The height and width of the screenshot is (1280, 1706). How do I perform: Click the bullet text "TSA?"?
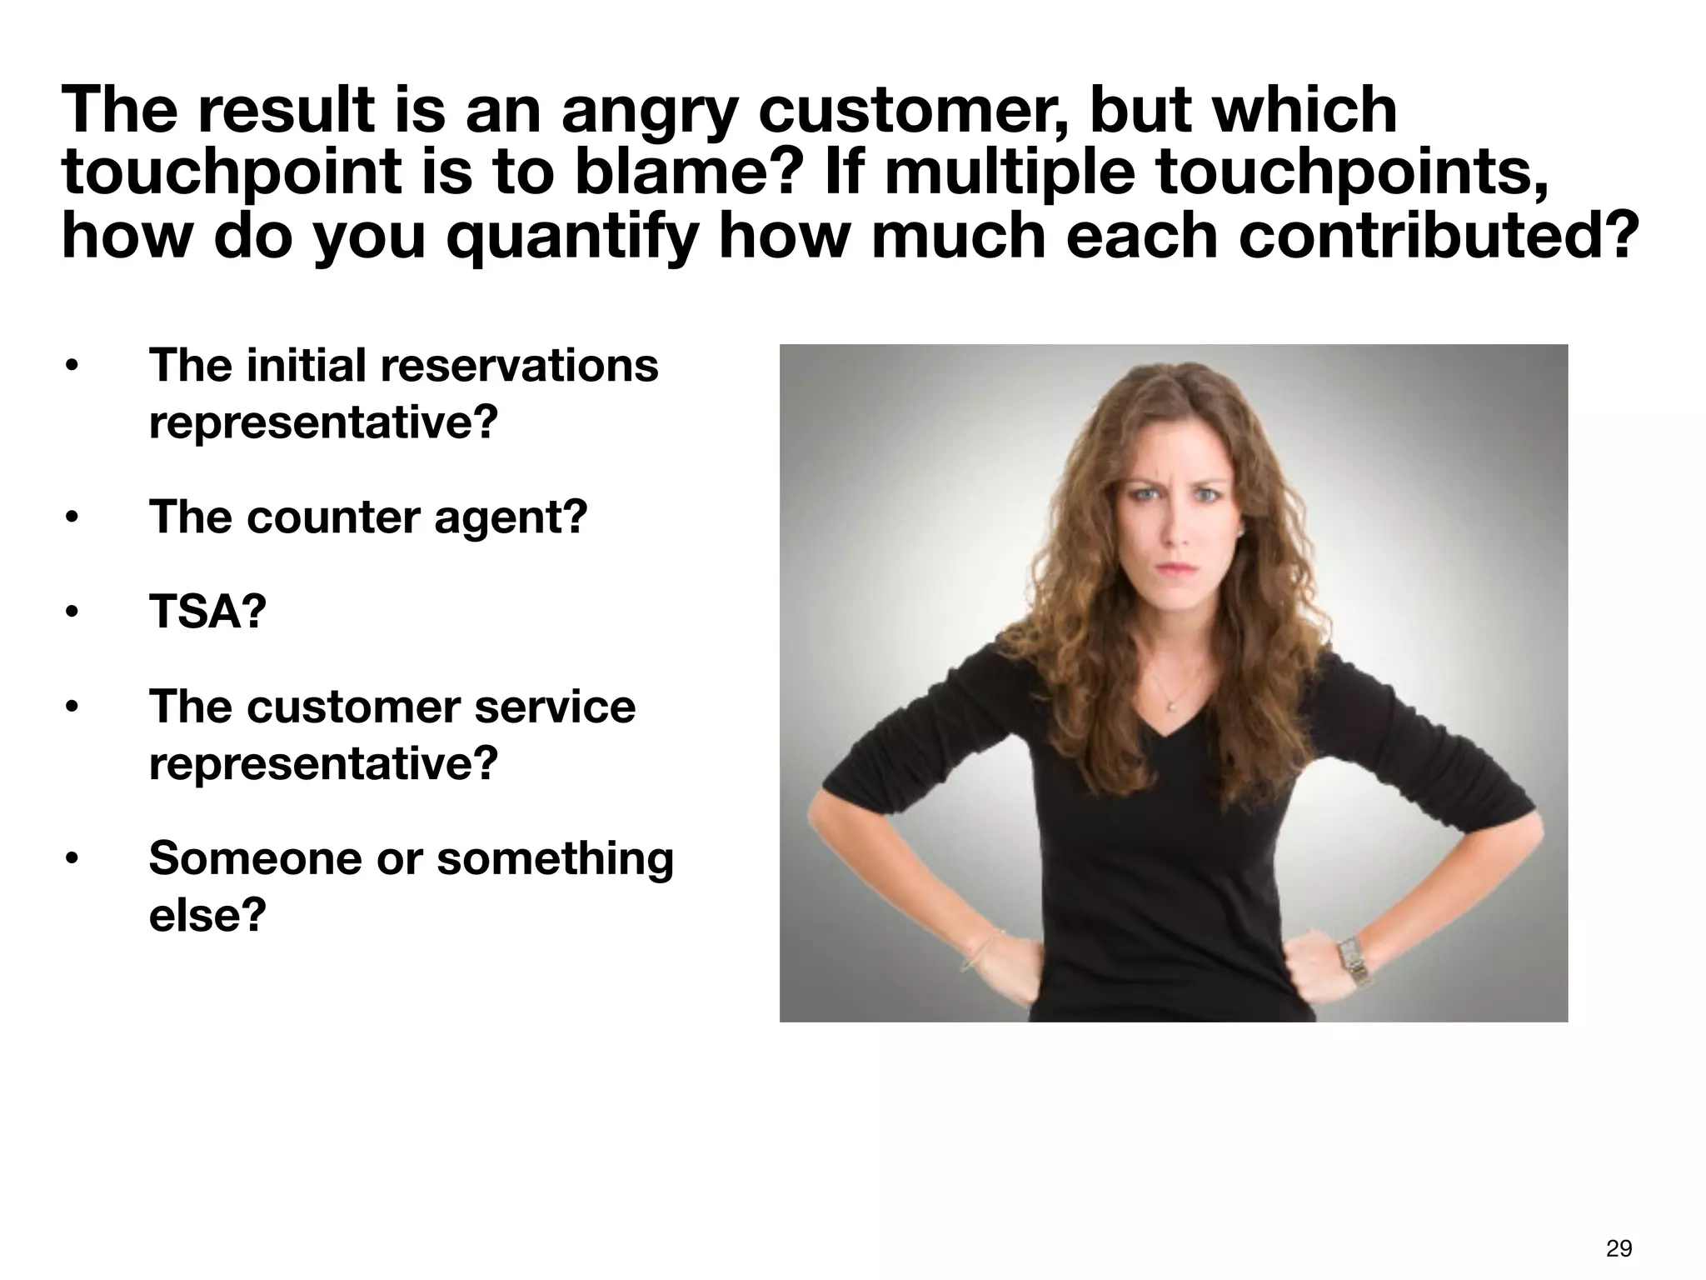click(x=207, y=612)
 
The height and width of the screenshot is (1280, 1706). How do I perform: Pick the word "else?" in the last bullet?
click(x=207, y=915)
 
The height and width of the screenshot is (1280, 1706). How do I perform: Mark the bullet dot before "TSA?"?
click(x=72, y=613)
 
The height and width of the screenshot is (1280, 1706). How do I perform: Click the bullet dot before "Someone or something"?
click(x=72, y=859)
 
